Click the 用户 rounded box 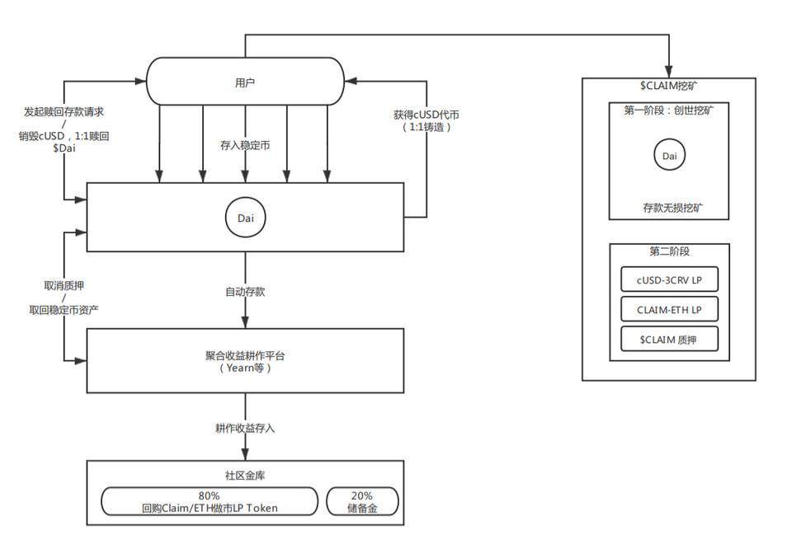244,82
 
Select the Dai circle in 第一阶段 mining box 669,154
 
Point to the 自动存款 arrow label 245,292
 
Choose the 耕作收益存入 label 245,429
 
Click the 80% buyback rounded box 209,502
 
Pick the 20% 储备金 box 362,502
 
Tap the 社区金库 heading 245,476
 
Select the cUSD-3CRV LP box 669,280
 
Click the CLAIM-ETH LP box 669,309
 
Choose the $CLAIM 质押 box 669,338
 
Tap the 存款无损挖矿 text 669,208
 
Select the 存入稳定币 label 245,145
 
